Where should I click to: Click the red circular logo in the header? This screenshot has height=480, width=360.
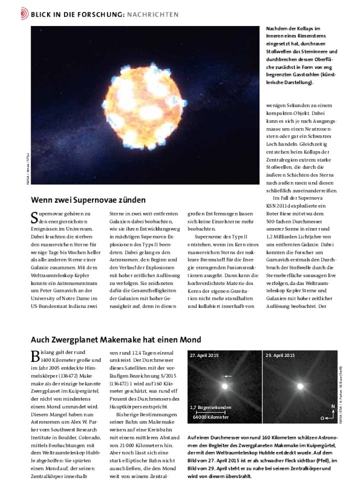[24, 14]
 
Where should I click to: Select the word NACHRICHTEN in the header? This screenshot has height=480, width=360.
[152, 14]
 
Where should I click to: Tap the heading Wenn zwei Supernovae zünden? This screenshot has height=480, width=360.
[84, 200]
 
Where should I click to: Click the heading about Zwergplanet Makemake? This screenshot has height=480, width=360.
[116, 339]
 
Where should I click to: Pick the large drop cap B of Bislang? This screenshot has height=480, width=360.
[35, 356]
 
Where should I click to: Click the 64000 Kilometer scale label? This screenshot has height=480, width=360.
[210, 417]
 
